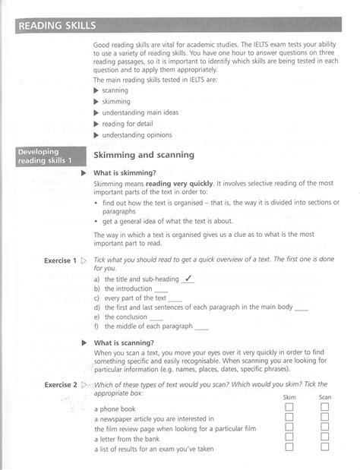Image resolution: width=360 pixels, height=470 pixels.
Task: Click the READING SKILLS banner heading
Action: [x=58, y=27]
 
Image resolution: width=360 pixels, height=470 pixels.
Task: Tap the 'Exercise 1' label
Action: [x=60, y=260]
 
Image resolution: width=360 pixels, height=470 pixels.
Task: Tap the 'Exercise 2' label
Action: [x=60, y=386]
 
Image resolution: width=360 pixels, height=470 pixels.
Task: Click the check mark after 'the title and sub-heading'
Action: [x=189, y=278]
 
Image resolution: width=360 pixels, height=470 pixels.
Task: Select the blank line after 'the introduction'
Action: [x=161, y=289]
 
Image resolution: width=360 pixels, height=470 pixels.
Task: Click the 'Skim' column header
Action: [x=289, y=397]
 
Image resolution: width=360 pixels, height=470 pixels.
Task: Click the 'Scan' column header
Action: [x=324, y=397]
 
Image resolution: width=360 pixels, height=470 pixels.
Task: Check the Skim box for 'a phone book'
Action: [x=289, y=407]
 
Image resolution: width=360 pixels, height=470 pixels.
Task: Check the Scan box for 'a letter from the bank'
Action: [x=324, y=437]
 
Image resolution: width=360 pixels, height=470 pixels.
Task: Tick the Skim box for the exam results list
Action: [x=289, y=448]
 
